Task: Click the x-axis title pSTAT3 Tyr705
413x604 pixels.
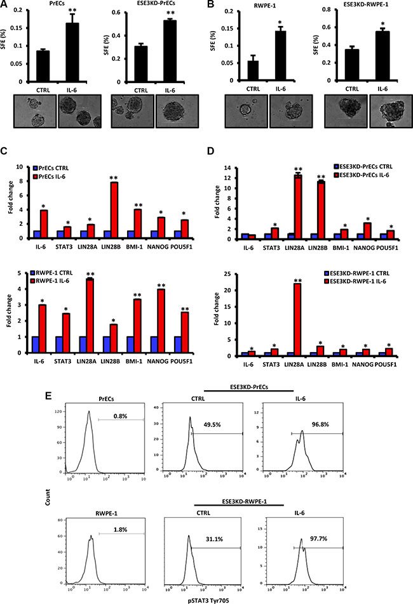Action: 209,600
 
